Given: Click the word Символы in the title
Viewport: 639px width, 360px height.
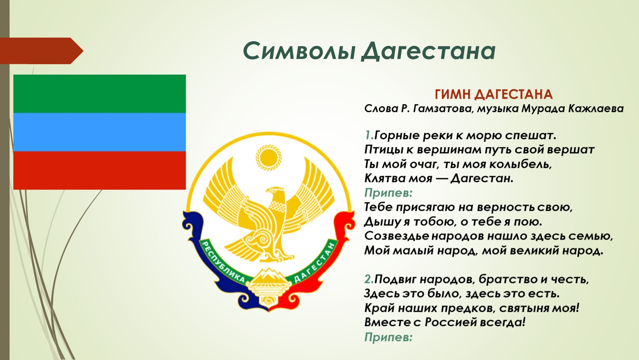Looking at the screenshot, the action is tap(299, 51).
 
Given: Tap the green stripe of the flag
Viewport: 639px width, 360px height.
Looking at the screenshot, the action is tap(100, 94).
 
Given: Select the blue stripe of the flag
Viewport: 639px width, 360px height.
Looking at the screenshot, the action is tap(100, 132).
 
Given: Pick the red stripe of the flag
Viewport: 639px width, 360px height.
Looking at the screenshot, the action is tap(100, 170).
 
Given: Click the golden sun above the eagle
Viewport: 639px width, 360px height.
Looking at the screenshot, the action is tap(268, 157).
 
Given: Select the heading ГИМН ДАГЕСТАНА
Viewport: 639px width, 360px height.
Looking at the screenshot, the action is tap(494, 95).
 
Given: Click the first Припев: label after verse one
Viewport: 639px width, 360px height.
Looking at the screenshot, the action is tap(388, 193).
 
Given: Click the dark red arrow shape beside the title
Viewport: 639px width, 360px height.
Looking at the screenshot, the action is tap(42, 51).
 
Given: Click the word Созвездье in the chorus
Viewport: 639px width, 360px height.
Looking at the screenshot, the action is tap(396, 236).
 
